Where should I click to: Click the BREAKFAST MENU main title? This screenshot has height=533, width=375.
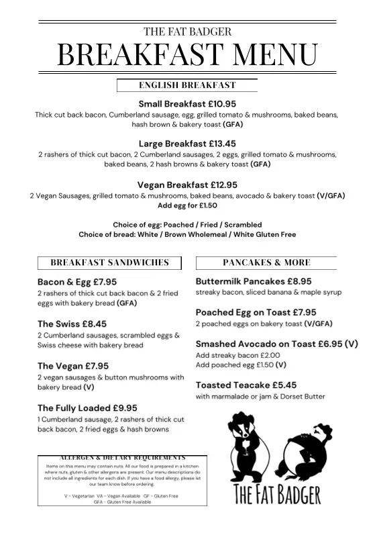tap(187, 54)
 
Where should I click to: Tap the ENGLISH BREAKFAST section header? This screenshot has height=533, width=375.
tap(187, 85)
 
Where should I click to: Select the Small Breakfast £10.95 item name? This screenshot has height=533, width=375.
tap(187, 104)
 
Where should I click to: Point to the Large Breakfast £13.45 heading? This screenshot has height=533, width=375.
tap(187, 144)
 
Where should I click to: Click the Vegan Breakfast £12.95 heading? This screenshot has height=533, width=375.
tap(187, 185)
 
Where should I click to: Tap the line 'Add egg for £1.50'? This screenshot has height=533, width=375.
tap(187, 205)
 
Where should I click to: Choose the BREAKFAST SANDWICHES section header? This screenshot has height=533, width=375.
tap(110, 262)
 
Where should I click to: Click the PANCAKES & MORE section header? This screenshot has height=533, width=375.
tap(266, 262)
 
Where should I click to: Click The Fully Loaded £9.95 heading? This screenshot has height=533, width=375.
tap(87, 407)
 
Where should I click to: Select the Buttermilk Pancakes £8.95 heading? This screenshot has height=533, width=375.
tap(254, 281)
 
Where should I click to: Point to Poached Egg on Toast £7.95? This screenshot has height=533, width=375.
tap(256, 312)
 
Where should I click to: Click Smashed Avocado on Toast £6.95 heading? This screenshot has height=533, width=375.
tap(276, 344)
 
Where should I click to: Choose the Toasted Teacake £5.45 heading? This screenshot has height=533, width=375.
tap(246, 385)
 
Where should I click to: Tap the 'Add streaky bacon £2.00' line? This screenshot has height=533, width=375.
tap(237, 355)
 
